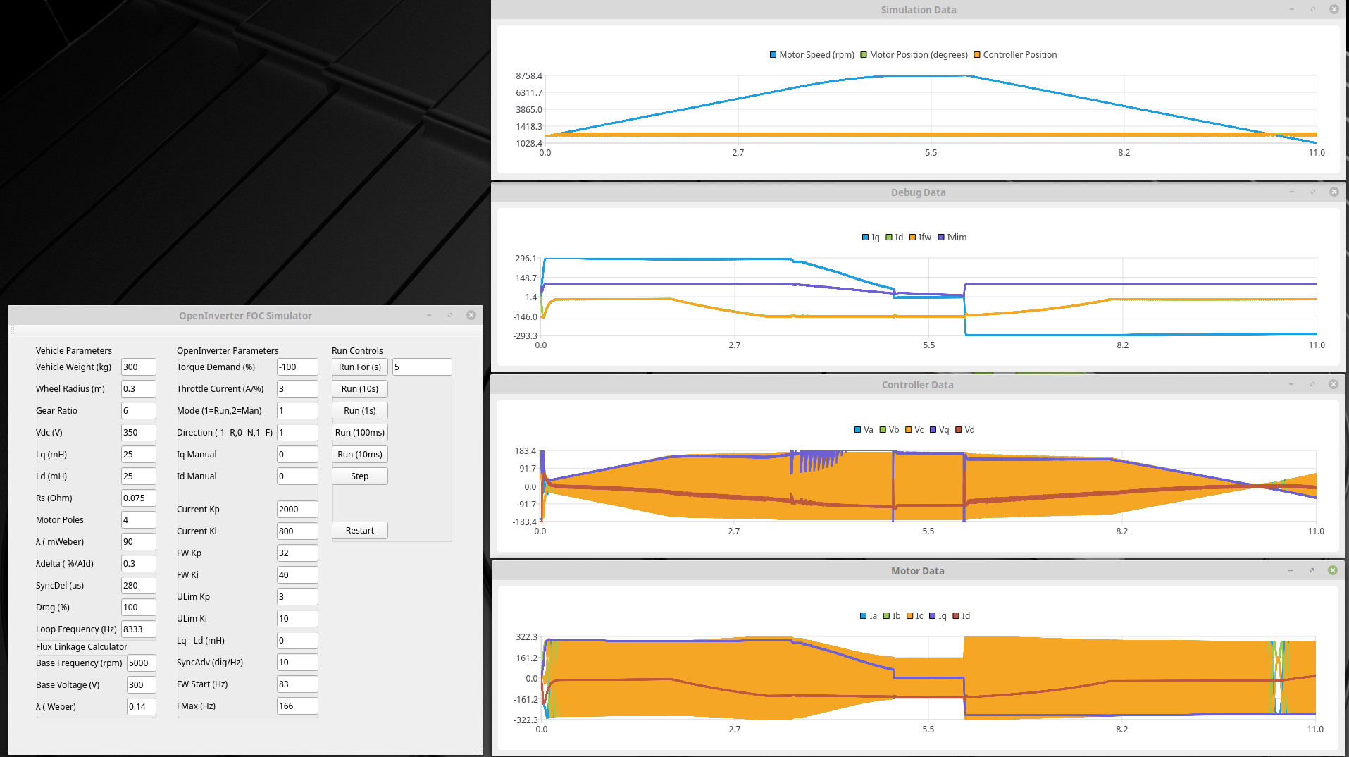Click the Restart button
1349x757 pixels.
coord(359,531)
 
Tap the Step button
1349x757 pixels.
coord(359,476)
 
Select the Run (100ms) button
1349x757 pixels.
coord(359,433)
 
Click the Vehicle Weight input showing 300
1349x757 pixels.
coord(138,367)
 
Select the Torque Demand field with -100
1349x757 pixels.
coord(297,367)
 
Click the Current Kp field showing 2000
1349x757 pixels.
coord(297,510)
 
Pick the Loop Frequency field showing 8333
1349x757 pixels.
coord(138,629)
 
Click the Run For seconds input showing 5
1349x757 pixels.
coord(421,367)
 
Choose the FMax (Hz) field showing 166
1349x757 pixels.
coord(297,706)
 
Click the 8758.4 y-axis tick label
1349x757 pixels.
coord(529,76)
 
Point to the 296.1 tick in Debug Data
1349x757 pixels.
coord(526,259)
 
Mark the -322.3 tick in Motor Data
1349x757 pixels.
coord(526,720)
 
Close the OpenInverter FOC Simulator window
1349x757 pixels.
coord(471,316)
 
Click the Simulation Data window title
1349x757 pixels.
coord(918,10)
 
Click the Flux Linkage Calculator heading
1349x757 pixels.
coord(82,647)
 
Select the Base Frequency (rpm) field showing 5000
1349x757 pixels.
coord(141,663)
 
